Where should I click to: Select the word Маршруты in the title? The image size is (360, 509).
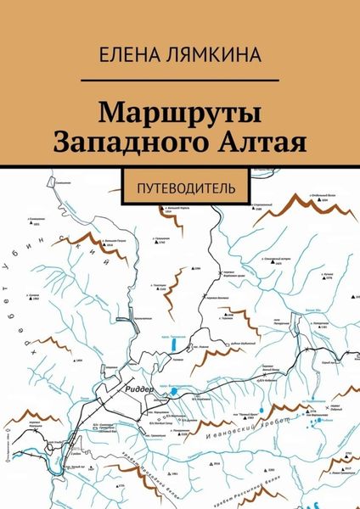pos(180,114)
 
